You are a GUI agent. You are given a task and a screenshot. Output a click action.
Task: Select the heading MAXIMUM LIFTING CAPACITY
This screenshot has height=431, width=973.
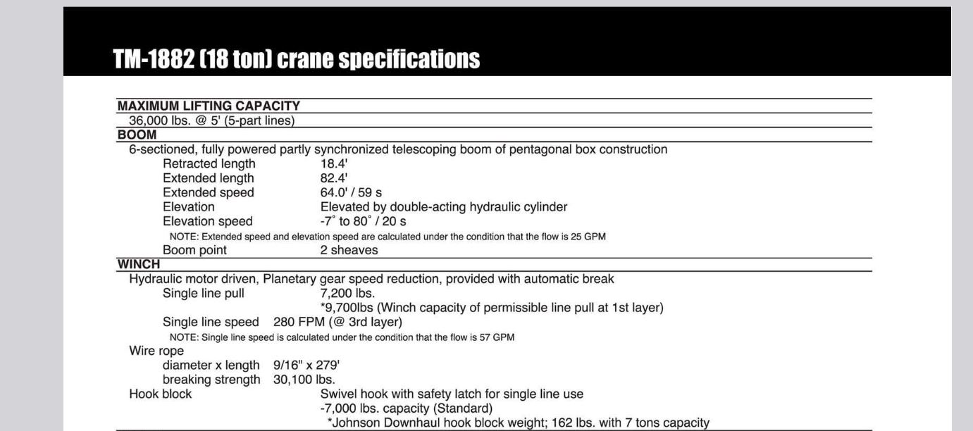click(x=209, y=106)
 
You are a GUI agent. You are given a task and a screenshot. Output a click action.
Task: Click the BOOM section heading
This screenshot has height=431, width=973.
click(x=137, y=135)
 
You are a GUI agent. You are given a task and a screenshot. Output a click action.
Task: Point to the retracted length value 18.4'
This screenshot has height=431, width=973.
click(x=334, y=163)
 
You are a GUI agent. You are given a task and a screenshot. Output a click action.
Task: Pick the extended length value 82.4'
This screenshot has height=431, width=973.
click(x=334, y=178)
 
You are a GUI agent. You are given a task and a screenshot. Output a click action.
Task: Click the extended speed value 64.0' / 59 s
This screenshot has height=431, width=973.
click(x=352, y=192)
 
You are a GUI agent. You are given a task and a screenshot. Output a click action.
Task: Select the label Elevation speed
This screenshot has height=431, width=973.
click(x=208, y=221)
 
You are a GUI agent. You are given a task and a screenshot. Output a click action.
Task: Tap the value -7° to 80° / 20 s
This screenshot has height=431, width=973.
click(x=364, y=221)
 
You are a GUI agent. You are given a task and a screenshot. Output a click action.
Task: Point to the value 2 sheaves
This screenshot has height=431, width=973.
click(x=349, y=250)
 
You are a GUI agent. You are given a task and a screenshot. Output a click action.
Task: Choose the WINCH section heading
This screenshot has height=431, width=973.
click(x=139, y=264)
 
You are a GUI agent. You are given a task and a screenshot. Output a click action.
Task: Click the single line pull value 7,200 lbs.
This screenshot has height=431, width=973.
click(x=347, y=293)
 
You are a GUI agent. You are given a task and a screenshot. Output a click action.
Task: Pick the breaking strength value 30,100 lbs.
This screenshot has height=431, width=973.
click(x=304, y=380)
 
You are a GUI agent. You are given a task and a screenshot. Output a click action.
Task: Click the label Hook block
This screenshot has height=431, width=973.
click(x=160, y=394)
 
